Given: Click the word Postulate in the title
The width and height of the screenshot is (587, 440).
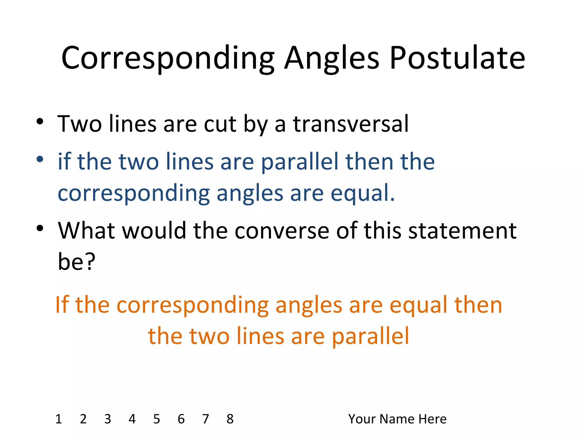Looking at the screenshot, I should pos(457,58).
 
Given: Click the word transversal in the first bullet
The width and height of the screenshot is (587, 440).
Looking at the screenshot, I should pos(351,124).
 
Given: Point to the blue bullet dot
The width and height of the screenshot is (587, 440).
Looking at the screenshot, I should pos(40,159).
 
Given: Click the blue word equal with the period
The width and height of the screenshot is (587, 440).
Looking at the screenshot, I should pos(363,193).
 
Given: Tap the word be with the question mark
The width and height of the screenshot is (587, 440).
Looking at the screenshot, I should pos(76,261).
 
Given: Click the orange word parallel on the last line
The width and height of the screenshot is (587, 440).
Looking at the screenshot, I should pos(370,336).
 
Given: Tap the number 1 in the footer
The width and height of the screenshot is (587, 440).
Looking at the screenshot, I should pos(59,419).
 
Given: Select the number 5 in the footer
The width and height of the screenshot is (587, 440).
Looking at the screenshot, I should pos(156,419).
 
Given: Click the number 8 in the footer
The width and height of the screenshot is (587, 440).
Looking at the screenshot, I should pos(230,419).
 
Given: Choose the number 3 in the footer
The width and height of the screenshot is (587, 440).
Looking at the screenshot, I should pos(107,419).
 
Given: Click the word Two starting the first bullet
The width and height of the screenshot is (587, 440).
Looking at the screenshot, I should pos(79,124).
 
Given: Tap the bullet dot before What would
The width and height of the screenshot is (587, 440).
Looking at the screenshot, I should pos(40,228).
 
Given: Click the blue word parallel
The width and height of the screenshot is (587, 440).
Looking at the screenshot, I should pos(300,162).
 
